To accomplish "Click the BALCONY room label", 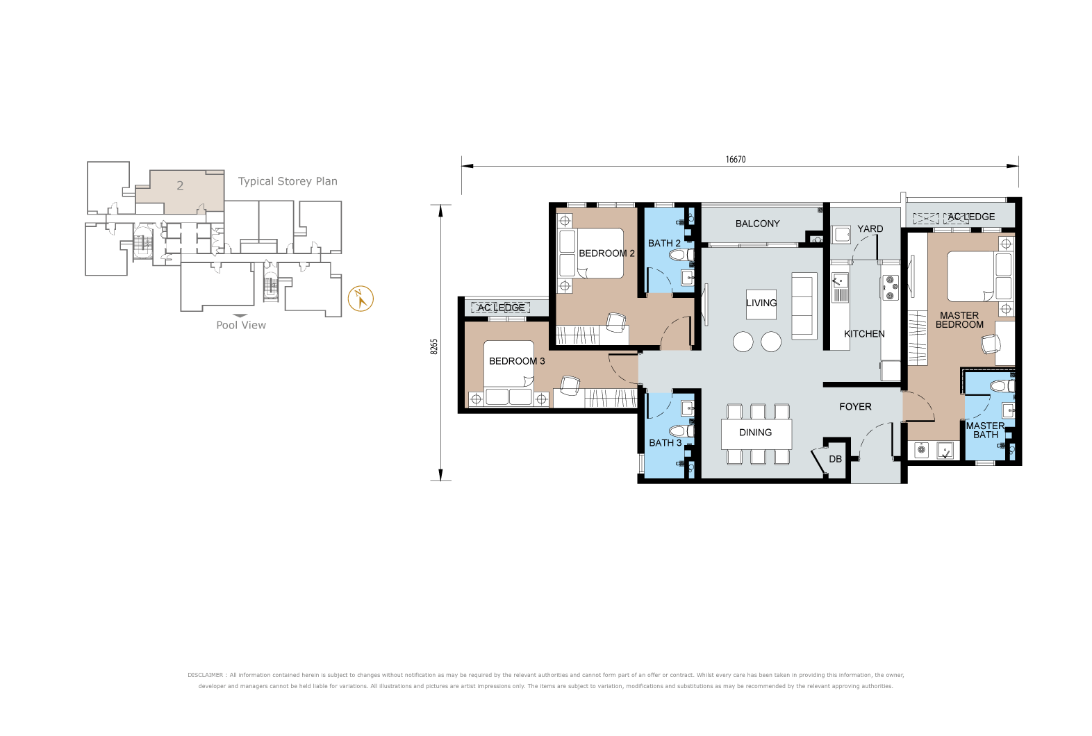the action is click(x=758, y=224).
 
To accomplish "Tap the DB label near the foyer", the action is click(x=835, y=459).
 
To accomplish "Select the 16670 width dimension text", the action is click(x=736, y=160).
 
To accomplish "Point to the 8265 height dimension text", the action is click(x=434, y=346).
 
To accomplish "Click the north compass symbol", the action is click(x=361, y=299).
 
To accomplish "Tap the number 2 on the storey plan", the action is click(x=180, y=185).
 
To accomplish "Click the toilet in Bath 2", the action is click(x=681, y=254).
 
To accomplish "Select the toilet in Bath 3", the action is click(x=681, y=431).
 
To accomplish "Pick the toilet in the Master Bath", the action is click(x=1003, y=387).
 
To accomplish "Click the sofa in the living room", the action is click(x=804, y=306).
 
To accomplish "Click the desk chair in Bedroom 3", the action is click(x=570, y=385).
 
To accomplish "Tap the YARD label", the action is click(x=870, y=228).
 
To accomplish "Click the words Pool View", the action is click(x=241, y=325).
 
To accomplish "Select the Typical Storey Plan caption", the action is click(x=288, y=181).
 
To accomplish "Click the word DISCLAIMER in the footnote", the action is click(x=205, y=675).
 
